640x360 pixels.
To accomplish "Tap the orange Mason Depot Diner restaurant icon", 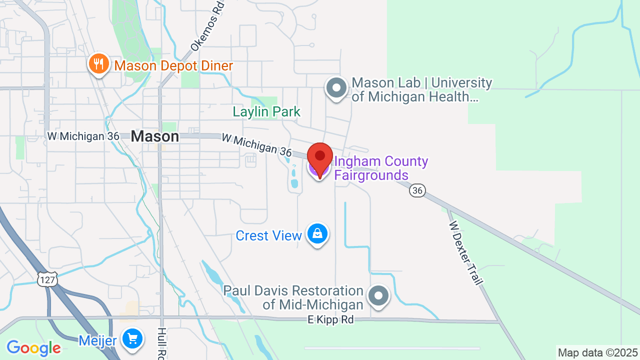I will [x=99, y=64].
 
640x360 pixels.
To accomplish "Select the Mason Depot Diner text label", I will [x=173, y=66].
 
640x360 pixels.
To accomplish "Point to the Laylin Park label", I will [x=266, y=111].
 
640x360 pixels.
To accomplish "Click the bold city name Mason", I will [x=155, y=136].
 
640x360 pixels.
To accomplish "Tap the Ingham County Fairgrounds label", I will [x=381, y=168].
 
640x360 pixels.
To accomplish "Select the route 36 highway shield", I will [x=417, y=190].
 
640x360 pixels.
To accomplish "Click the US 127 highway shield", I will [x=47, y=279].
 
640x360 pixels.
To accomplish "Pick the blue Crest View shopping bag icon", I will [x=317, y=233].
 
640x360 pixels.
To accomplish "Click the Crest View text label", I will [x=268, y=235].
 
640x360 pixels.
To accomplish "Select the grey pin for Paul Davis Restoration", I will [x=378, y=296].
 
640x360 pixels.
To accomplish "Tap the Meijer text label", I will [x=97, y=341].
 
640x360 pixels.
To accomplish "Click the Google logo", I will [x=33, y=348].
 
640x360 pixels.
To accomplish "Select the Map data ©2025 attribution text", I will [x=597, y=353].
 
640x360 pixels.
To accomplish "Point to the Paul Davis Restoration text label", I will [x=293, y=297].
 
